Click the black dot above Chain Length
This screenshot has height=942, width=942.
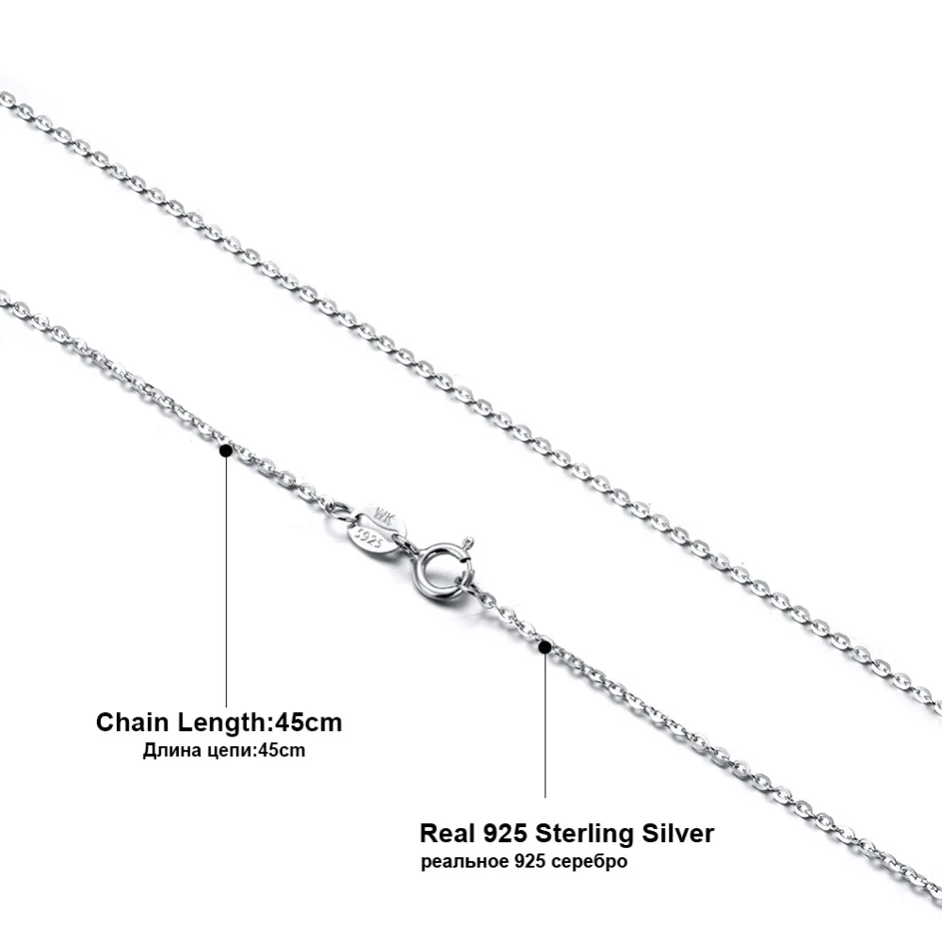(225, 451)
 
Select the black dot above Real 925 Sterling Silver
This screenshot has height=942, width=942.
(544, 646)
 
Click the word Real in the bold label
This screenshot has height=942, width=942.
(447, 833)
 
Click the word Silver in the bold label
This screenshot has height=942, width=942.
(679, 833)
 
